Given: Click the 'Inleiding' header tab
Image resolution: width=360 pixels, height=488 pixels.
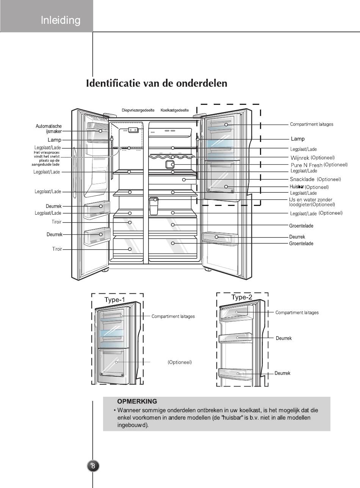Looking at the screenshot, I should point(61,20).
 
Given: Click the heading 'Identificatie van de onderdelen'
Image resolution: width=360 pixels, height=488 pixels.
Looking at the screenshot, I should point(157,83).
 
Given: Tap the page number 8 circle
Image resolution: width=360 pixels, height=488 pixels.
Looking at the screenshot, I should point(93,466).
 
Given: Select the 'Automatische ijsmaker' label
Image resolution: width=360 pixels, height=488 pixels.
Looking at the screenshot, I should point(49,129).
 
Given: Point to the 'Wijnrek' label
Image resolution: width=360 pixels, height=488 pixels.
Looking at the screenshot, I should point(300,157).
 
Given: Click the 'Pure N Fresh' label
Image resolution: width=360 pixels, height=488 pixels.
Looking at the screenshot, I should point(306,165).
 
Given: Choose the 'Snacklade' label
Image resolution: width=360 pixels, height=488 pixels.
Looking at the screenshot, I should point(302,179).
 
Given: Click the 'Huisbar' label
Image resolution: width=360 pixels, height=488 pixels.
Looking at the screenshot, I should point(297,187).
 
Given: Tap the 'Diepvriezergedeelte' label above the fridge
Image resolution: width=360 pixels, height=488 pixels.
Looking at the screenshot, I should point(138,110).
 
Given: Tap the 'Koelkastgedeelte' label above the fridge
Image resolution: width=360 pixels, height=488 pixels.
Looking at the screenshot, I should point(174,110).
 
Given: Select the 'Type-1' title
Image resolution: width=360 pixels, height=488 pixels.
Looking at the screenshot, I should point(114,300).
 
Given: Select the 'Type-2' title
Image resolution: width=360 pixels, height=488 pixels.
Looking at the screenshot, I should point(241,298).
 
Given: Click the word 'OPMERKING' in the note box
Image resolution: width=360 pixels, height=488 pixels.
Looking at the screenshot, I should point(137,401).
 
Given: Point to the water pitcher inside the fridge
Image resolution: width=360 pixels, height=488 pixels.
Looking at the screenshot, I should point(153,206).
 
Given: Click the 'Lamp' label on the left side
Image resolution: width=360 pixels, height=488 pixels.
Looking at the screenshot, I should point(54,140).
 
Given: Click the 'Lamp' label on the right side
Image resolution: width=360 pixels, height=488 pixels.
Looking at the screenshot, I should point(297,139).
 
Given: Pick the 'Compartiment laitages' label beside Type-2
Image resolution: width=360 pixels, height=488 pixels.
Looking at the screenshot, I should point(297,313).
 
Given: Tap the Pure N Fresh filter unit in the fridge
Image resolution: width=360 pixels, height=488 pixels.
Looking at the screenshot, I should point(170,164).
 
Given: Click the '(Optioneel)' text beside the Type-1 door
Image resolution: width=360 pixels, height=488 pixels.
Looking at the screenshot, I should point(180,362).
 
